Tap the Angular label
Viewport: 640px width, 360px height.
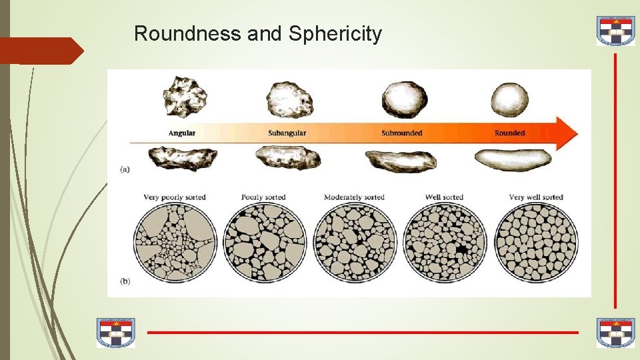(181, 133)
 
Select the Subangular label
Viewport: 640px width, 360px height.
(287, 133)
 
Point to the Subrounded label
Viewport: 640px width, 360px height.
(401, 133)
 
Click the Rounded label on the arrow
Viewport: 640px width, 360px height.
(509, 133)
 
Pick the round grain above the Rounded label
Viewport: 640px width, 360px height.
(509, 99)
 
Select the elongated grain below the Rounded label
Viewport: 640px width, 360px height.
(513, 159)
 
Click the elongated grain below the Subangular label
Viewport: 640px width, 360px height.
(288, 158)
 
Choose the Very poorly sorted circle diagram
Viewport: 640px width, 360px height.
(175, 241)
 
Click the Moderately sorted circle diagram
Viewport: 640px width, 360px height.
(354, 241)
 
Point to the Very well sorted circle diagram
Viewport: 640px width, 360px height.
(537, 241)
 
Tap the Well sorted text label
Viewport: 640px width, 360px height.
(444, 197)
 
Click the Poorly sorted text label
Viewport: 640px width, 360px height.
(263, 197)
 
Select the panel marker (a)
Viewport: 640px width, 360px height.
(125, 169)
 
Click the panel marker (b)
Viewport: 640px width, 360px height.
(125, 281)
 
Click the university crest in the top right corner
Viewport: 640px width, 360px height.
(615, 31)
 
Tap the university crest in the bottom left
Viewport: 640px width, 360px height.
(116, 333)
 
